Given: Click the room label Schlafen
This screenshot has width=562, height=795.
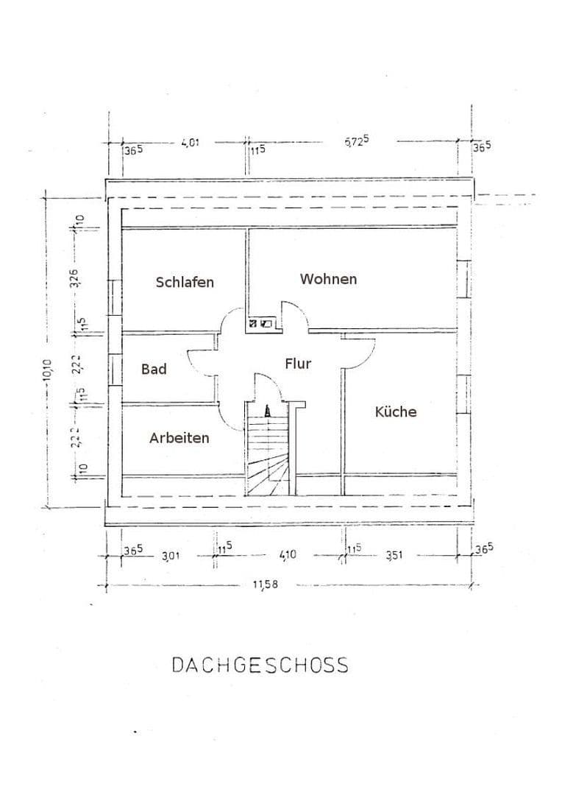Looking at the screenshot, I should (185, 282).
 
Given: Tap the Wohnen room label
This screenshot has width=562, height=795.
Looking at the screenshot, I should (328, 279).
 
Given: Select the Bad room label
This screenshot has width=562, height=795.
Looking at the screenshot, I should (154, 369).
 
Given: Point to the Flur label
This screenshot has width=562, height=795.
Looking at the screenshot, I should (298, 364).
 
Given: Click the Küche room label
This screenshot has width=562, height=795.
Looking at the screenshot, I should (396, 411).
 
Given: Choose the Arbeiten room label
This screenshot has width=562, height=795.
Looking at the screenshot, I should (179, 438).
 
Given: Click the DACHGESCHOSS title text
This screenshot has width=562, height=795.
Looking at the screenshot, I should (260, 665).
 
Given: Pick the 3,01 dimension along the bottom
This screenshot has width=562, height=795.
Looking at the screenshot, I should (171, 556).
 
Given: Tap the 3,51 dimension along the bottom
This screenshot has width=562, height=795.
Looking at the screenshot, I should (394, 556).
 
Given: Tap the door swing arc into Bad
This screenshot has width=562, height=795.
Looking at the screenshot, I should (202, 361).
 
